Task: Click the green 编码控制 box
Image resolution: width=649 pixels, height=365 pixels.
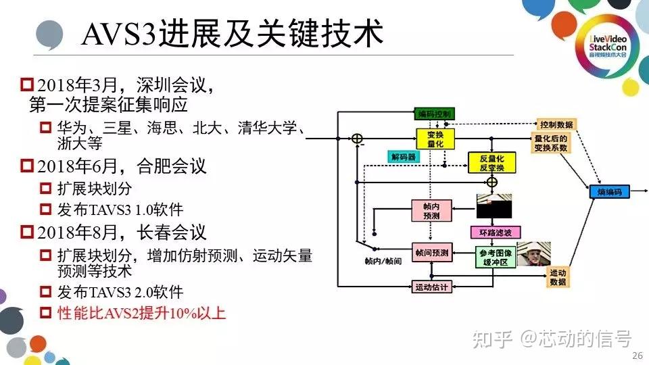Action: pyautogui.click(x=434, y=113)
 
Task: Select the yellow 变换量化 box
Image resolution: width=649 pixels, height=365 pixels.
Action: pyautogui.click(x=435, y=139)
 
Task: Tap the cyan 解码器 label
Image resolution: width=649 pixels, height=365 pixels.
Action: pyautogui.click(x=403, y=156)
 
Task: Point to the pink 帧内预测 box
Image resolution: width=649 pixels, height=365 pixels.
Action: pyautogui.click(x=431, y=210)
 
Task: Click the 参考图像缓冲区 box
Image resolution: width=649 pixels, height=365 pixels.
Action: pyautogui.click(x=495, y=258)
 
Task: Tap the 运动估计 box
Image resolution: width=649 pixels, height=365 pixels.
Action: pyautogui.click(x=431, y=287)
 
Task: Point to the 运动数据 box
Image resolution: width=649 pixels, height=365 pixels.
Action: pyautogui.click(x=558, y=276)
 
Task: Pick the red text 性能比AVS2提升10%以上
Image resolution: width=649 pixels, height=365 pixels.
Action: pyautogui.click(x=141, y=313)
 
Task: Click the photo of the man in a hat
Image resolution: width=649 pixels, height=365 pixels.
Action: pyautogui.click(x=533, y=253)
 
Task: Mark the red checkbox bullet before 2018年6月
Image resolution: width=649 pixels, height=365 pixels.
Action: pyautogui.click(x=27, y=165)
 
